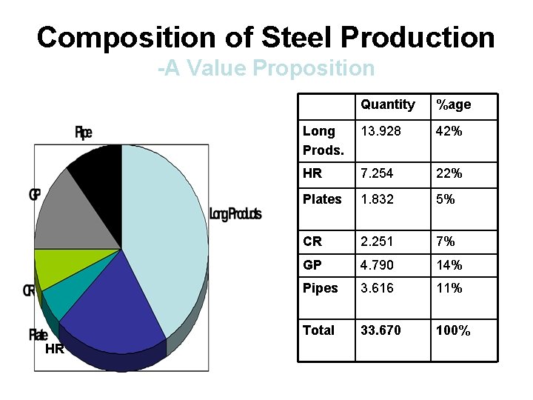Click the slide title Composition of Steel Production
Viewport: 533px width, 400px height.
click(266, 37)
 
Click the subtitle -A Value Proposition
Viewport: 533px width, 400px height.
click(266, 69)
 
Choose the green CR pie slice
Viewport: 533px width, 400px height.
click(52, 267)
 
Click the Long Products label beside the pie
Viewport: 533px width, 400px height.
click(235, 214)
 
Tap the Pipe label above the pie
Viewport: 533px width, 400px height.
click(84, 133)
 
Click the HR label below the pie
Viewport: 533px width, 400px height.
click(54, 349)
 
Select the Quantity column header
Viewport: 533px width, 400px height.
click(387, 104)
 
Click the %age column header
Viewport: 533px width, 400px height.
click(453, 105)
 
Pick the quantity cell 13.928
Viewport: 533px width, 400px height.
click(381, 131)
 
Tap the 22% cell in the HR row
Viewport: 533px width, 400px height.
click(449, 173)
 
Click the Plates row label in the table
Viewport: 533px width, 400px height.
click(322, 199)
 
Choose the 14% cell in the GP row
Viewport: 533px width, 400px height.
click(449, 265)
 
